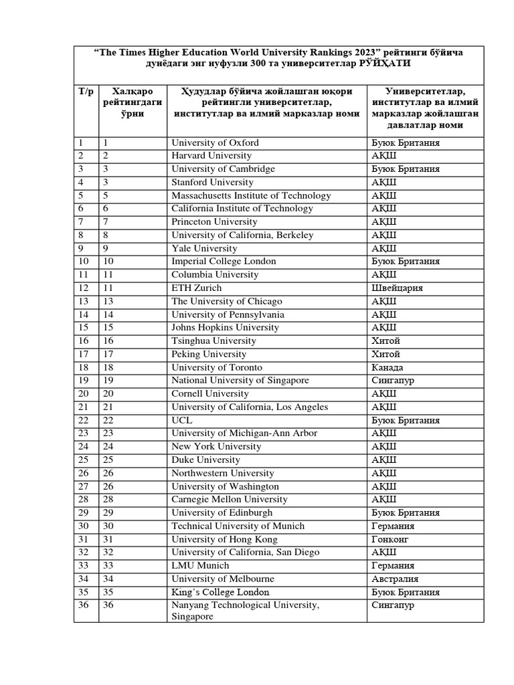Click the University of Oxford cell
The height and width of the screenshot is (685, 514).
click(x=215, y=142)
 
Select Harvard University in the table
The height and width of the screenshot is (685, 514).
click(x=211, y=156)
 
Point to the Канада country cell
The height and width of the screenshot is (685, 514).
click(x=388, y=367)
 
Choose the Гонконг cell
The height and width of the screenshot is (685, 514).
click(x=391, y=539)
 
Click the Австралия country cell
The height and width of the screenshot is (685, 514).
click(x=395, y=579)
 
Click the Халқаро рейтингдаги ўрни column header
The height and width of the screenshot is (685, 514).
click(x=133, y=102)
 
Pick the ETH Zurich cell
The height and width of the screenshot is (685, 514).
click(x=196, y=288)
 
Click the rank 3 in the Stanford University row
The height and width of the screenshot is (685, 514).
click(x=106, y=182)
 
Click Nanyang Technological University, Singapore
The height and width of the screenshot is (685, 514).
click(x=245, y=611)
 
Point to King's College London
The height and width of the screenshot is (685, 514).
click(x=220, y=592)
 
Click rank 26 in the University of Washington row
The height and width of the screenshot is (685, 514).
click(x=108, y=486)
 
